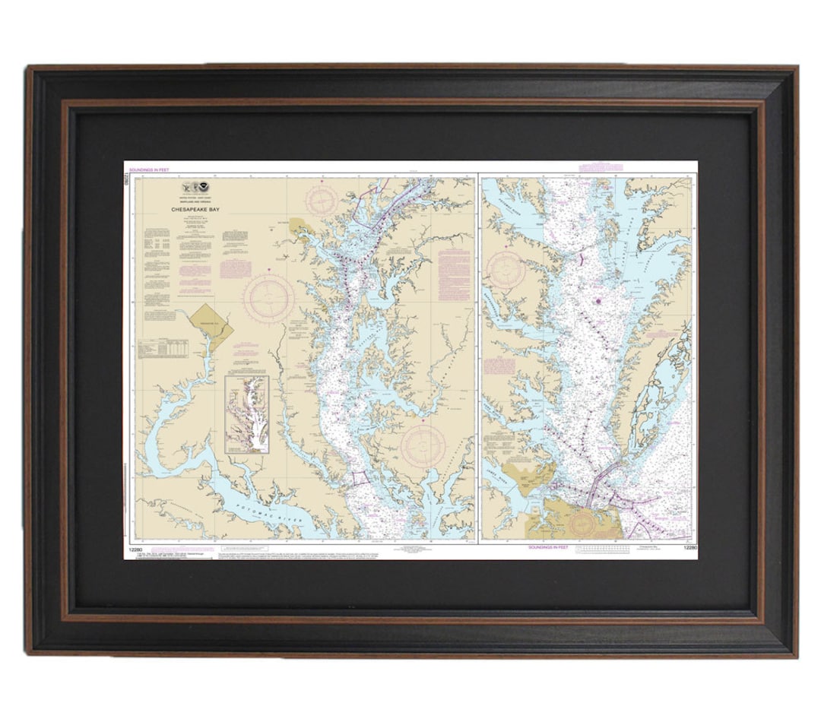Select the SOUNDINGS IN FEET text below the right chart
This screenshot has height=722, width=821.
551,546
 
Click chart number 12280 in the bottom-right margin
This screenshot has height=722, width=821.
689,546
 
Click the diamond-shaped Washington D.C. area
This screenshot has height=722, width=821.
211,326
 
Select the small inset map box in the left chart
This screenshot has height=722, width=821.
247,414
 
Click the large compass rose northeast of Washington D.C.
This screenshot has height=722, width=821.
269,296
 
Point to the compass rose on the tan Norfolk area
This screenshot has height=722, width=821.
583,524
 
